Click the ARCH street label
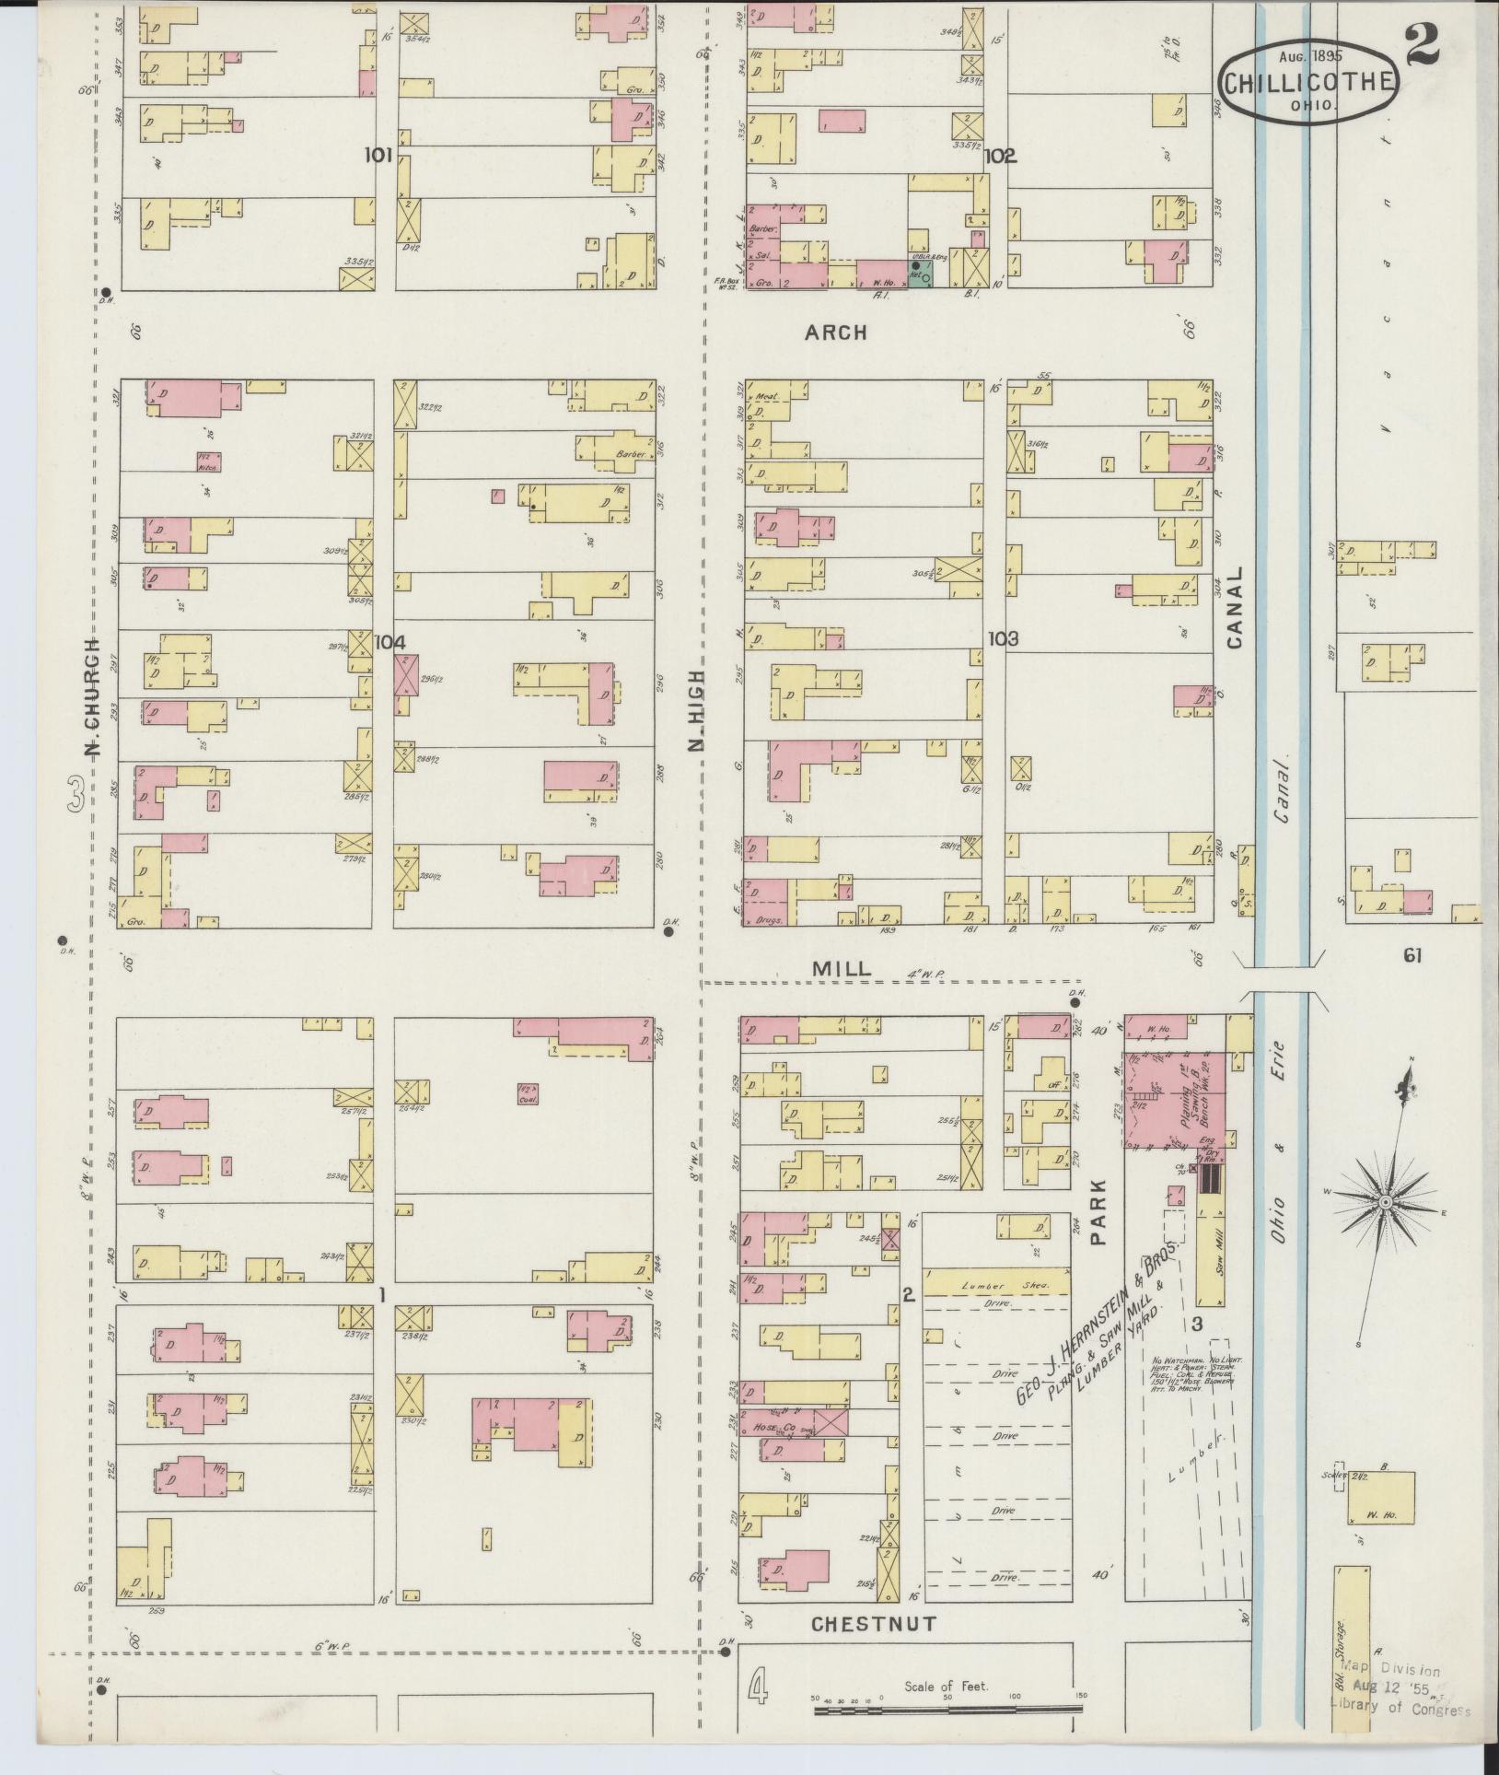click(x=835, y=332)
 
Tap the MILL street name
click(x=841, y=968)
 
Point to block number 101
click(x=378, y=156)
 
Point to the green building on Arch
click(x=921, y=275)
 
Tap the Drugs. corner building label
click(x=767, y=918)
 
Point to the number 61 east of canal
click(x=1412, y=956)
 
